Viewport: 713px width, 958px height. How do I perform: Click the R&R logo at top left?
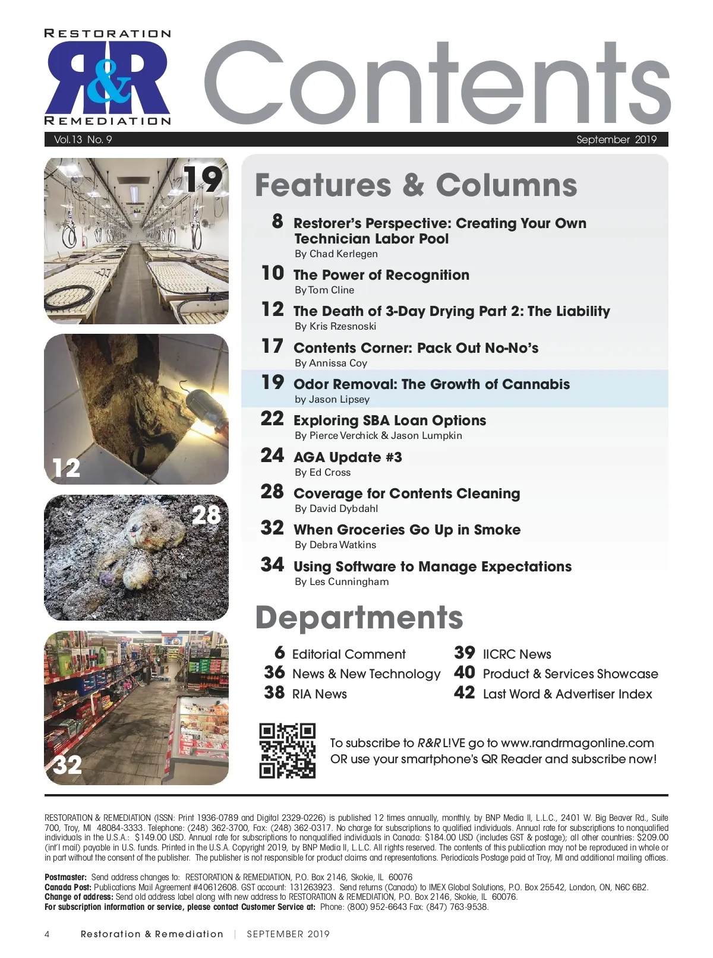pyautogui.click(x=108, y=77)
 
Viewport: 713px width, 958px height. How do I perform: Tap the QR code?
pyautogui.click(x=287, y=751)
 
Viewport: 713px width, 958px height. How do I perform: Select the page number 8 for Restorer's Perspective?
pyautogui.click(x=277, y=222)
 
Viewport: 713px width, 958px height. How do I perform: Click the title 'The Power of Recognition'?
pyautogui.click(x=381, y=275)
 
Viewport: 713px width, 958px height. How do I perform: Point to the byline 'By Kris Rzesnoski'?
pyautogui.click(x=335, y=326)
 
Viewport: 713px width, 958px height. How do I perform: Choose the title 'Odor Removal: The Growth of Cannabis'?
pyautogui.click(x=431, y=384)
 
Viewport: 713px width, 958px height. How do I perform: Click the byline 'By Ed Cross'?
pyautogui.click(x=323, y=472)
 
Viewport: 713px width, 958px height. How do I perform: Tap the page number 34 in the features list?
pyautogui.click(x=272, y=565)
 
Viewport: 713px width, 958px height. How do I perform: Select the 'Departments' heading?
pyautogui.click(x=359, y=618)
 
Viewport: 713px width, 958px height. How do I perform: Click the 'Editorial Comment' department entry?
pyautogui.click(x=349, y=655)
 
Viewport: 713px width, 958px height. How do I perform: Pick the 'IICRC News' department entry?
pyautogui.click(x=517, y=655)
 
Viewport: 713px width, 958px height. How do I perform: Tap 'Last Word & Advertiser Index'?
pyautogui.click(x=567, y=694)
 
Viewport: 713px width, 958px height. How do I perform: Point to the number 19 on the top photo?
pyautogui.click(x=203, y=179)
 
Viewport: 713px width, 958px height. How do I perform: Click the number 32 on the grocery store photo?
pyautogui.click(x=68, y=765)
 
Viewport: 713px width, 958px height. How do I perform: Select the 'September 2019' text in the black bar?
pyautogui.click(x=616, y=140)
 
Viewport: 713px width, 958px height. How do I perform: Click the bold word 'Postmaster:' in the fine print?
pyautogui.click(x=66, y=877)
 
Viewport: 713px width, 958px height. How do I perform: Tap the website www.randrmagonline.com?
pyautogui.click(x=577, y=743)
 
